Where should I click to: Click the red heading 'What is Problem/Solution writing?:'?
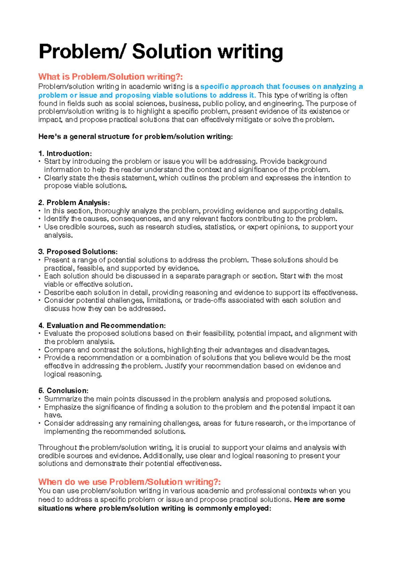pos(111,77)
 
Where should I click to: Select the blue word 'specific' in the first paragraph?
pos(214,87)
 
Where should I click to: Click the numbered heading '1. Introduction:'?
pos(65,154)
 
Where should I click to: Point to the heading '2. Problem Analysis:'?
pos(74,203)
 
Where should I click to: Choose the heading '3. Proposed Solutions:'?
pos(78,252)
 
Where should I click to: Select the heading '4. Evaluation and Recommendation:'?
pos(102,326)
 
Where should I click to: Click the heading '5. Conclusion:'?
pos(63,391)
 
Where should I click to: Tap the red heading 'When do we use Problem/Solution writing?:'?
pos(130,482)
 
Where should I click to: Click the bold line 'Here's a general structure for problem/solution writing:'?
pos(135,137)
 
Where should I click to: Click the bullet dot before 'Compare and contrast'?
pos(40,350)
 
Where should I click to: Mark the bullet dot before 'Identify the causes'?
pos(40,219)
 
